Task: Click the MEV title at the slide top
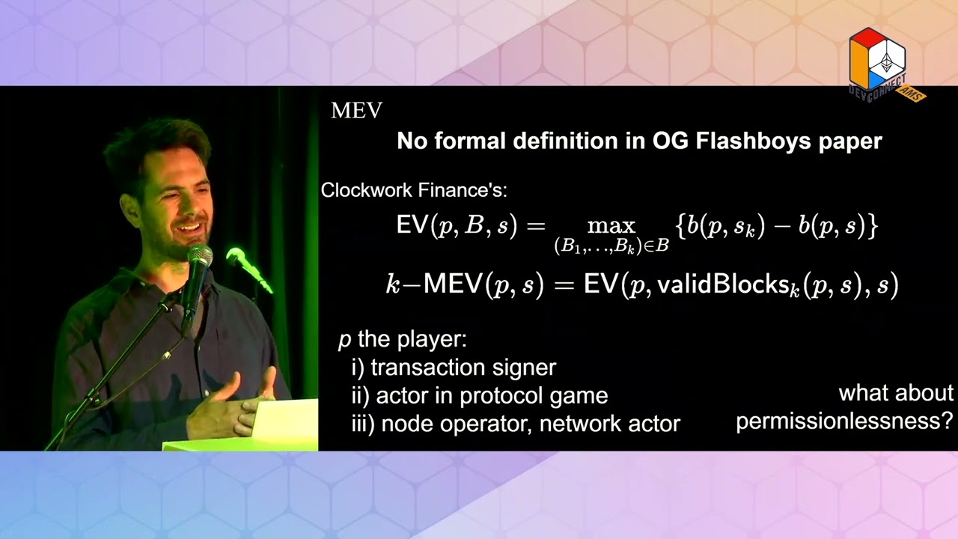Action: [356, 111]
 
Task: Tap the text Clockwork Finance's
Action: [414, 190]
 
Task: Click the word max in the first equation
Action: [611, 225]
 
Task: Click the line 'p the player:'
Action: [402, 339]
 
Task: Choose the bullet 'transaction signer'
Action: [454, 368]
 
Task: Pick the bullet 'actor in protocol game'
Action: [479, 395]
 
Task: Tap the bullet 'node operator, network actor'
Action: [515, 424]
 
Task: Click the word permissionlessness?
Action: [843, 421]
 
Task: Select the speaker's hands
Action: [232, 408]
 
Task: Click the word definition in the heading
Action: [565, 141]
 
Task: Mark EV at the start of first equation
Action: [411, 225]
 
